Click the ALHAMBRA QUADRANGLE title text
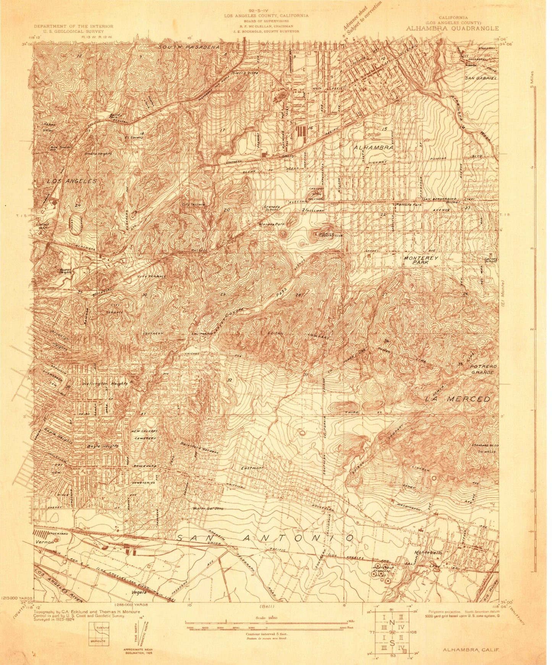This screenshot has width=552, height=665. [x=452, y=28]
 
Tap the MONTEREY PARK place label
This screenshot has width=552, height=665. [x=421, y=260]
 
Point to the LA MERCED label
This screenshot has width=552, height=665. [x=458, y=399]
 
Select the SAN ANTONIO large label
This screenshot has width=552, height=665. [x=265, y=538]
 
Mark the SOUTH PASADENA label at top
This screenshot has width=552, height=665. [x=189, y=47]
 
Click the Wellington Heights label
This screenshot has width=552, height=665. [x=104, y=383]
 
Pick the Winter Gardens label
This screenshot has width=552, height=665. [x=207, y=509]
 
